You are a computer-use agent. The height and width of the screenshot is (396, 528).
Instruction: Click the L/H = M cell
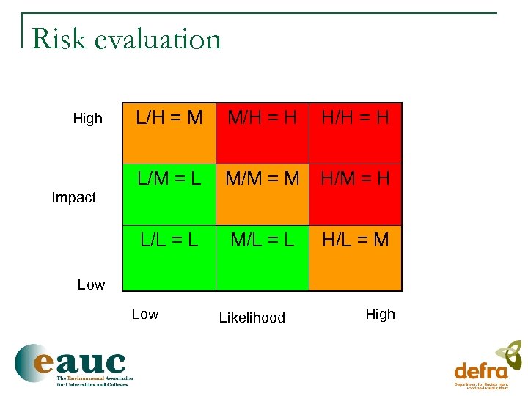click(x=169, y=133)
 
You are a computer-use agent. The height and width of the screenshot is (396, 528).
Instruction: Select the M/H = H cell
click(x=262, y=133)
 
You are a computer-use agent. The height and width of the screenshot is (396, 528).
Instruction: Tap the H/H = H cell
click(x=356, y=133)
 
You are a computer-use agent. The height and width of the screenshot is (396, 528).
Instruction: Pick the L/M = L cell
click(x=169, y=194)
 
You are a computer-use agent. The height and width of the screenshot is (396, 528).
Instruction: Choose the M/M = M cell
click(x=262, y=194)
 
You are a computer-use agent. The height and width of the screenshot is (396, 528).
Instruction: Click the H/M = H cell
click(x=356, y=194)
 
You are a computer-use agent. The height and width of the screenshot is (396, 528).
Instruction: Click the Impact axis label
click(x=73, y=197)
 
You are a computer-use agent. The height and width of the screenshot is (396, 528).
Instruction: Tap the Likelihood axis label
click(x=252, y=318)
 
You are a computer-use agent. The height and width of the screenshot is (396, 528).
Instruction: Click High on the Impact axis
click(x=88, y=119)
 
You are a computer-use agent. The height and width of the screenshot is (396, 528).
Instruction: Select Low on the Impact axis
click(x=91, y=285)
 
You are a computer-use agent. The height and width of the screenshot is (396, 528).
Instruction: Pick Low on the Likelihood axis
click(x=144, y=314)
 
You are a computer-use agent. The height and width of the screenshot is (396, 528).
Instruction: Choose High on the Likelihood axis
click(x=380, y=314)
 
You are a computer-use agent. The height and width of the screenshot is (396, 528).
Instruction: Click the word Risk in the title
click(x=58, y=39)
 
